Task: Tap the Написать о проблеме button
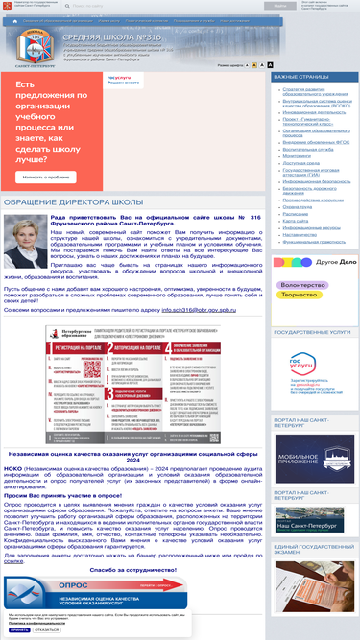46,177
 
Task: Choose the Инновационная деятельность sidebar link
306,111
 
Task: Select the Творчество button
299,296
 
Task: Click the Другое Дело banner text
322,261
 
